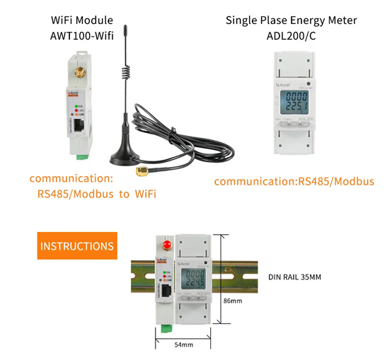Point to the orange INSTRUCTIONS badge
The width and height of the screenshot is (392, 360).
76,246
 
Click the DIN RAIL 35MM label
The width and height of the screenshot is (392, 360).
295,277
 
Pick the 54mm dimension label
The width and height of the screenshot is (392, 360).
183,344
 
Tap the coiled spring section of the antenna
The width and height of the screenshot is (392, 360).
125,69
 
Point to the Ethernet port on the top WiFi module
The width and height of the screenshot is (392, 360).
76,128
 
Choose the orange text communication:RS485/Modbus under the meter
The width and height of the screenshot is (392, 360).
294,182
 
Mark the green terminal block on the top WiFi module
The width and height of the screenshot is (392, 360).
83,152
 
